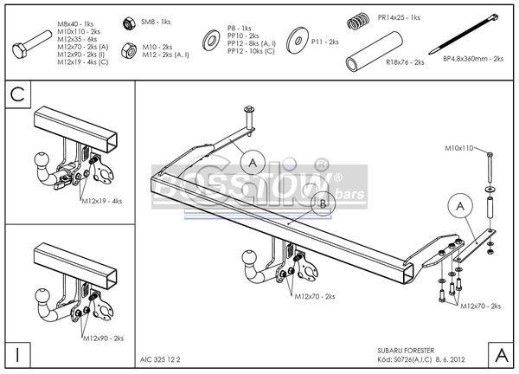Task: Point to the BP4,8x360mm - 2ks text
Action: [472, 60]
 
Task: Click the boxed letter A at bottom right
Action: [499, 353]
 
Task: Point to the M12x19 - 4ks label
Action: [102, 201]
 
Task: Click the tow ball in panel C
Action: [41, 163]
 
